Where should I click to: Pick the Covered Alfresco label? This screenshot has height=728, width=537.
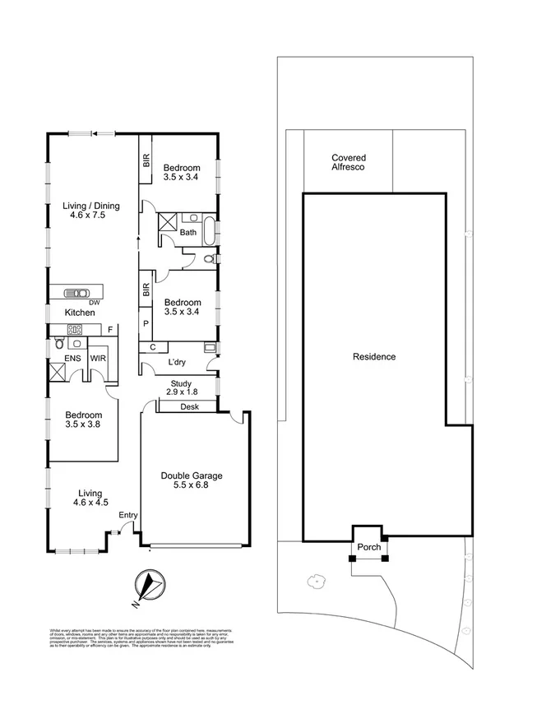pyautogui.click(x=348, y=162)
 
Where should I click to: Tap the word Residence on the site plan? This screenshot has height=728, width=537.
pyautogui.click(x=374, y=357)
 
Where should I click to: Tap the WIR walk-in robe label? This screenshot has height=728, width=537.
pyautogui.click(x=98, y=359)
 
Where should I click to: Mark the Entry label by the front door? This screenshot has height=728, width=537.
pyautogui.click(x=128, y=516)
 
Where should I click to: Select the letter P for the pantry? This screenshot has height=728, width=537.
pyautogui.click(x=146, y=324)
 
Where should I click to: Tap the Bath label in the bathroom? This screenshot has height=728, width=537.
pyautogui.click(x=189, y=233)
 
